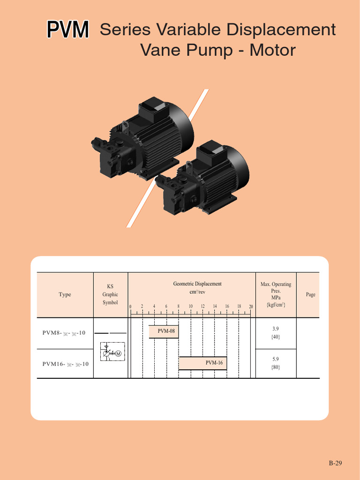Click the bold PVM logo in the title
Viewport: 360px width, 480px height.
coord(67,30)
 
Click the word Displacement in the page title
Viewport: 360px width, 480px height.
coord(281,30)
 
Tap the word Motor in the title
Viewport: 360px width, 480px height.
coord(272,50)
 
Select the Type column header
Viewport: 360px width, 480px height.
coord(65,294)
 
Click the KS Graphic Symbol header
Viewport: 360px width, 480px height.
coord(110,294)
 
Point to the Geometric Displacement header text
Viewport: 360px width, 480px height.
coord(197,284)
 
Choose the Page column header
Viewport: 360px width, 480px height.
coord(310,294)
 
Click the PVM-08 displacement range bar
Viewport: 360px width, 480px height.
coord(164,331)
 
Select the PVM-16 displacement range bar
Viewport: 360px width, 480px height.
coord(203,363)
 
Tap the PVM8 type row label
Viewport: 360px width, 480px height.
coord(64,333)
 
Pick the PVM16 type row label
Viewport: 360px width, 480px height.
coord(65,364)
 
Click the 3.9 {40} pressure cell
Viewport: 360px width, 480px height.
coord(276,333)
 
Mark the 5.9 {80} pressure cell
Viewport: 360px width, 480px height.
coord(276,363)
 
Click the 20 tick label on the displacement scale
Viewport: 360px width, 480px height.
coord(251,307)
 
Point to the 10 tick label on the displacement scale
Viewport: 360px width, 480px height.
coord(191,307)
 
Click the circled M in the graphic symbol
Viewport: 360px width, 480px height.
coord(118,353)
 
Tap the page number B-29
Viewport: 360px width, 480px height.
coord(335,463)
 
